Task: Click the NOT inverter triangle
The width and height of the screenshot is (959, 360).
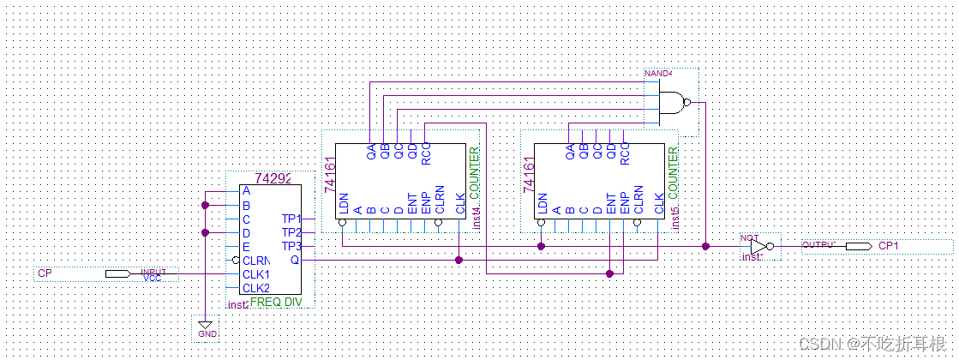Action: (758, 246)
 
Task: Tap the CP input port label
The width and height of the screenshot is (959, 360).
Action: (45, 273)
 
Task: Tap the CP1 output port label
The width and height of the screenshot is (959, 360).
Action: (889, 246)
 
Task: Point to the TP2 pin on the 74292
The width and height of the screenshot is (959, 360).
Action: (291, 232)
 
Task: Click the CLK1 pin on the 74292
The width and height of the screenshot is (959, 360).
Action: (255, 274)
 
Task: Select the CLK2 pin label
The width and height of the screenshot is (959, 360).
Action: (255, 288)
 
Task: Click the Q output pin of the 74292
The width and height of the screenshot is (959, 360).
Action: (295, 260)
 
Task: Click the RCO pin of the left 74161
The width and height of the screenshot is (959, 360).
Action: (426, 151)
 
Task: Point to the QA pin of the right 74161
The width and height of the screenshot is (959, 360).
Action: (570, 151)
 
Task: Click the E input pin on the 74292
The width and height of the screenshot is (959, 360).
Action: (246, 247)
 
